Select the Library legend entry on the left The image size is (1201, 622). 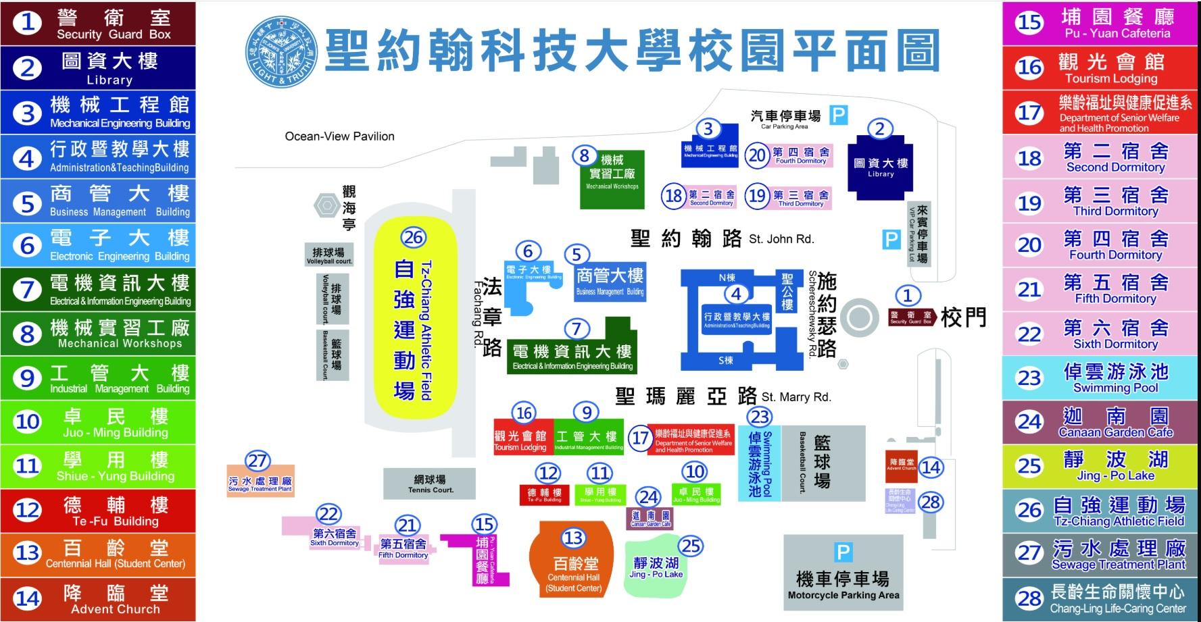point(98,68)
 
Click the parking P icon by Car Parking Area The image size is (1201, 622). point(838,115)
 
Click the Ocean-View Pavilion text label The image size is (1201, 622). point(339,136)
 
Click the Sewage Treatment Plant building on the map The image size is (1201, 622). point(260,482)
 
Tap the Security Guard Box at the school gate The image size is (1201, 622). point(910,317)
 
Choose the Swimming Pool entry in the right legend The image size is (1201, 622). point(1102,378)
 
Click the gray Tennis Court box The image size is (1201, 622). point(430,484)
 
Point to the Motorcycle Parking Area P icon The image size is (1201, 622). point(843,552)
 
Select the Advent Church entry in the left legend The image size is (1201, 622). point(98,599)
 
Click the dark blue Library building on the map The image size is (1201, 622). point(880,167)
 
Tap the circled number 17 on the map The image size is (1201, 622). point(639,438)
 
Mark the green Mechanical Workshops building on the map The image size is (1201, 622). point(612,180)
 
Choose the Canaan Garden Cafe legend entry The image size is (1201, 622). point(1102,422)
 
